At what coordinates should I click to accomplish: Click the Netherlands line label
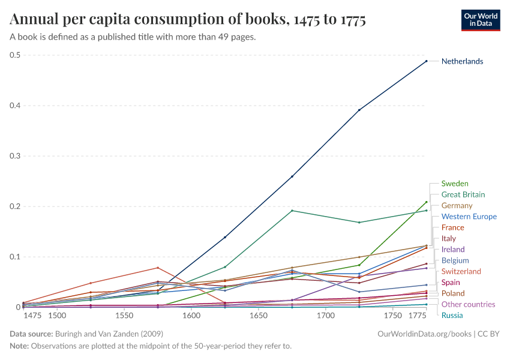pyautogui.click(x=462, y=61)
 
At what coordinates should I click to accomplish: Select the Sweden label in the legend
pyautogui.click(x=455, y=184)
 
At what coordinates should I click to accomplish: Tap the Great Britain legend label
pyautogui.click(x=463, y=194)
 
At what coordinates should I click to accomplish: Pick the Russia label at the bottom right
pyautogui.click(x=452, y=315)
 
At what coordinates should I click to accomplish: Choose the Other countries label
pyautogui.click(x=468, y=304)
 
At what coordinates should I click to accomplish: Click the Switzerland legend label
pyautogui.click(x=461, y=271)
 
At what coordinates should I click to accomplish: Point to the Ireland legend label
pyautogui.click(x=454, y=250)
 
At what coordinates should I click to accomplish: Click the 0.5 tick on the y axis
pyautogui.click(x=14, y=55)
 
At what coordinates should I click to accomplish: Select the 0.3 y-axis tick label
pyautogui.click(x=14, y=156)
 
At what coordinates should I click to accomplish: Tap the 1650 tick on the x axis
pyautogui.click(x=259, y=316)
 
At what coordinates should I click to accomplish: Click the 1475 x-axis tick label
pyautogui.click(x=32, y=316)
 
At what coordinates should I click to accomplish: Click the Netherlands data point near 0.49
pyautogui.click(x=427, y=61)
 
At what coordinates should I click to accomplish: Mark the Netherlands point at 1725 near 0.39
pyautogui.click(x=359, y=110)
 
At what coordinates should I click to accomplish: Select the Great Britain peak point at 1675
pyautogui.click(x=292, y=211)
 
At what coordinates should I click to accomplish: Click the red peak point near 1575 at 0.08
pyautogui.click(x=158, y=268)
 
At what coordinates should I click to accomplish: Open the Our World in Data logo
pyautogui.click(x=480, y=20)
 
